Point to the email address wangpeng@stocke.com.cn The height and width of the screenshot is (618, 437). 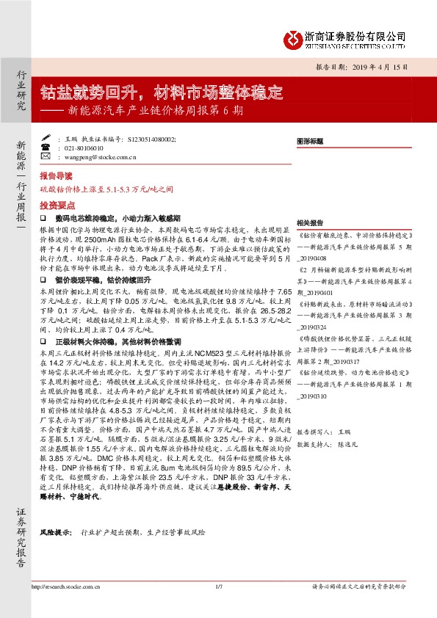click(x=96, y=156)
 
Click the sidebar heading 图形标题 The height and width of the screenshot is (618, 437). click(x=309, y=139)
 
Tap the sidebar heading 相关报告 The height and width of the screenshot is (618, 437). click(x=309, y=222)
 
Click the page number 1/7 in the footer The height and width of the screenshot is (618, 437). click(x=218, y=606)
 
